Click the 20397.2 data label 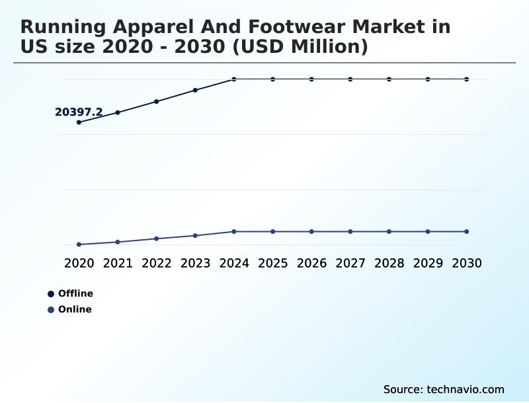click(79, 112)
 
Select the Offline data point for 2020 click(79, 122)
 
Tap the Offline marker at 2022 click(157, 102)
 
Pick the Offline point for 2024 click(234, 79)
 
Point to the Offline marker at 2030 click(467, 79)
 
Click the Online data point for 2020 click(79, 244)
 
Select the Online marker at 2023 click(195, 235)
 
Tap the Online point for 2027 click(350, 231)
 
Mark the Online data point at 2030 click(467, 231)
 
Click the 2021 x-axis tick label click(118, 263)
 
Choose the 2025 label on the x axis click(272, 263)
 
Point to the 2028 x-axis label click(389, 263)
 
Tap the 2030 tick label click(467, 263)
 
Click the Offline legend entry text click(75, 293)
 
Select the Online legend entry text click(75, 309)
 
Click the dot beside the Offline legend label click(51, 294)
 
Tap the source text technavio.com click(444, 389)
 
